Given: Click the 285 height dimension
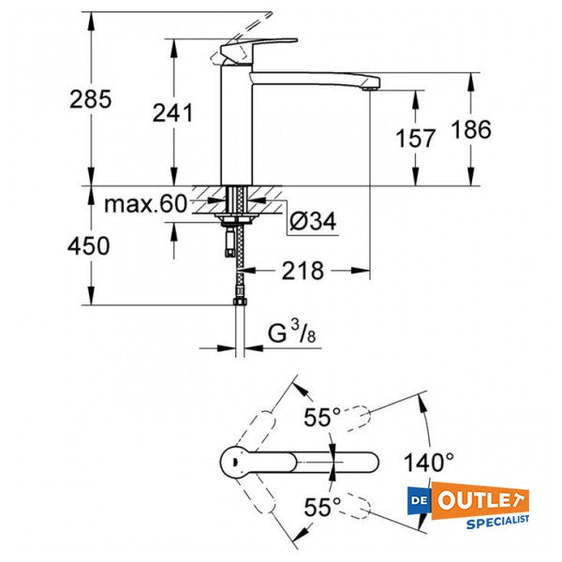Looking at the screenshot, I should pyautogui.click(x=91, y=98).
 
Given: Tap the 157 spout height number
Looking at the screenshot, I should pyautogui.click(x=416, y=139).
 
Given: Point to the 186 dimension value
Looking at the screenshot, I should pyautogui.click(x=471, y=130).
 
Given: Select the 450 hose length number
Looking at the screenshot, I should pyautogui.click(x=91, y=246).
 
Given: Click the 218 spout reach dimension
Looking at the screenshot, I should pyautogui.click(x=303, y=272).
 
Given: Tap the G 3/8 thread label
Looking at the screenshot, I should pyautogui.click(x=293, y=333).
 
